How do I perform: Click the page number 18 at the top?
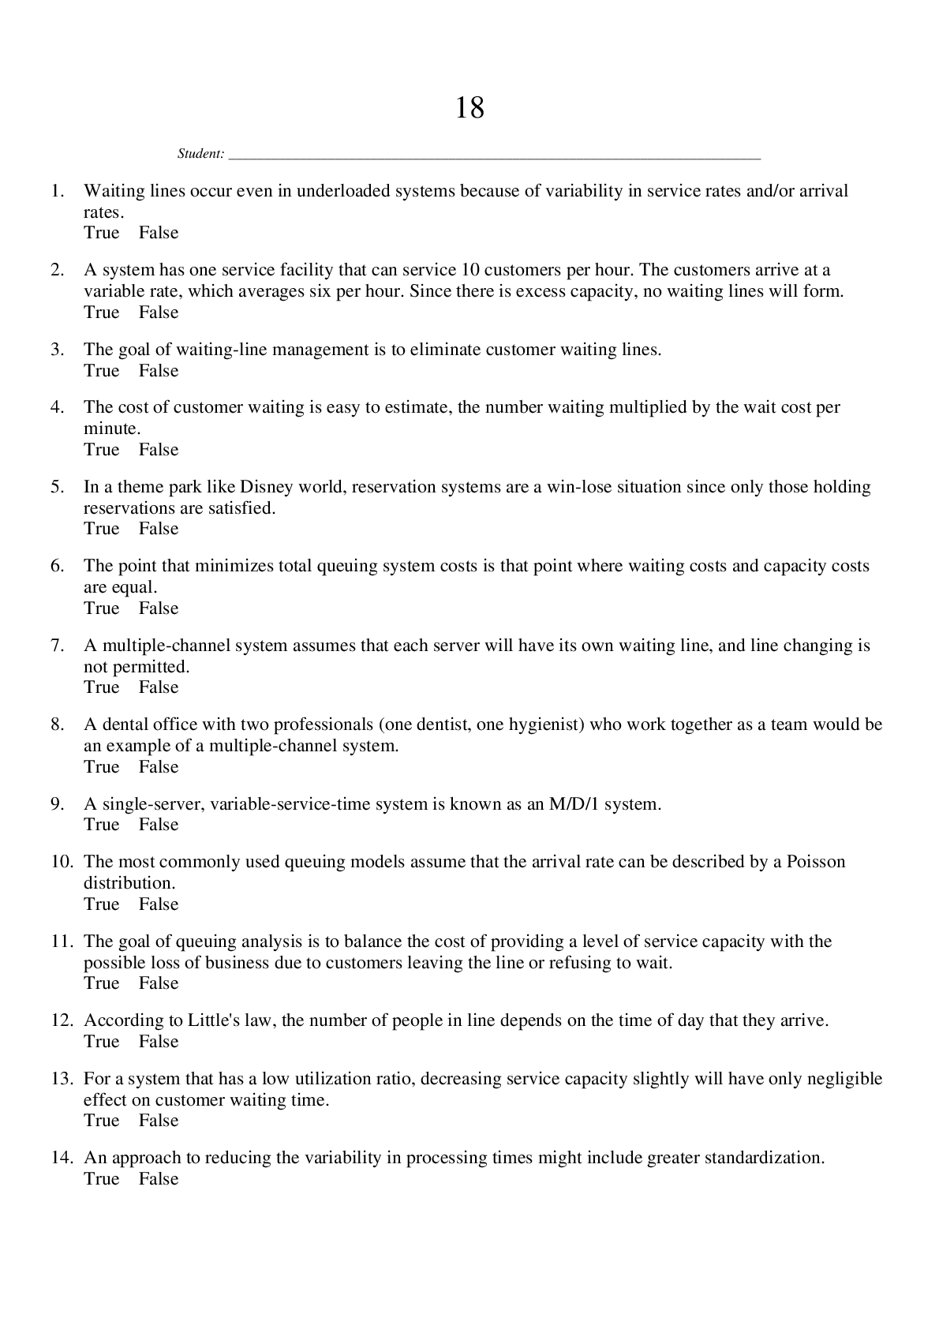469,107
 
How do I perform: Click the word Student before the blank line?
200,154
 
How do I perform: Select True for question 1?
101,233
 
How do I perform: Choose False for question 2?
159,313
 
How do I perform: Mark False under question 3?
159,371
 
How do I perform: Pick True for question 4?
101,450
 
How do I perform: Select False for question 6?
159,608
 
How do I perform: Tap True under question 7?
101,687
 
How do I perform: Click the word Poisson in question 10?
815,862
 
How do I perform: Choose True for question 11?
101,983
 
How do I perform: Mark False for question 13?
159,1121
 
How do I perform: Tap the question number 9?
58,804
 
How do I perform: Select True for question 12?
101,1042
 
